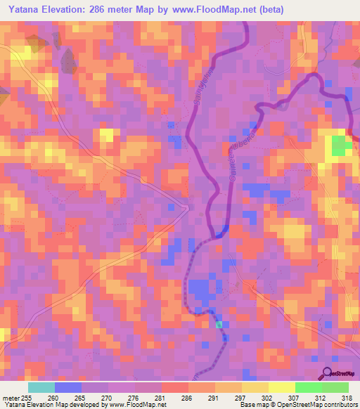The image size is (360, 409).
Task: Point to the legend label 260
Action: click(x=53, y=398)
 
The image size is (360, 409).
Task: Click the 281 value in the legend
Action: click(x=161, y=398)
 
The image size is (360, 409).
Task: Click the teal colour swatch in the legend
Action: click(x=41, y=387)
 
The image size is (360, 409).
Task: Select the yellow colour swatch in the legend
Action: click(x=282, y=387)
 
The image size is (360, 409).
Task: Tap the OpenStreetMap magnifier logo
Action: click(x=327, y=374)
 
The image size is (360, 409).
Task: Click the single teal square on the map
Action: click(x=219, y=324)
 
